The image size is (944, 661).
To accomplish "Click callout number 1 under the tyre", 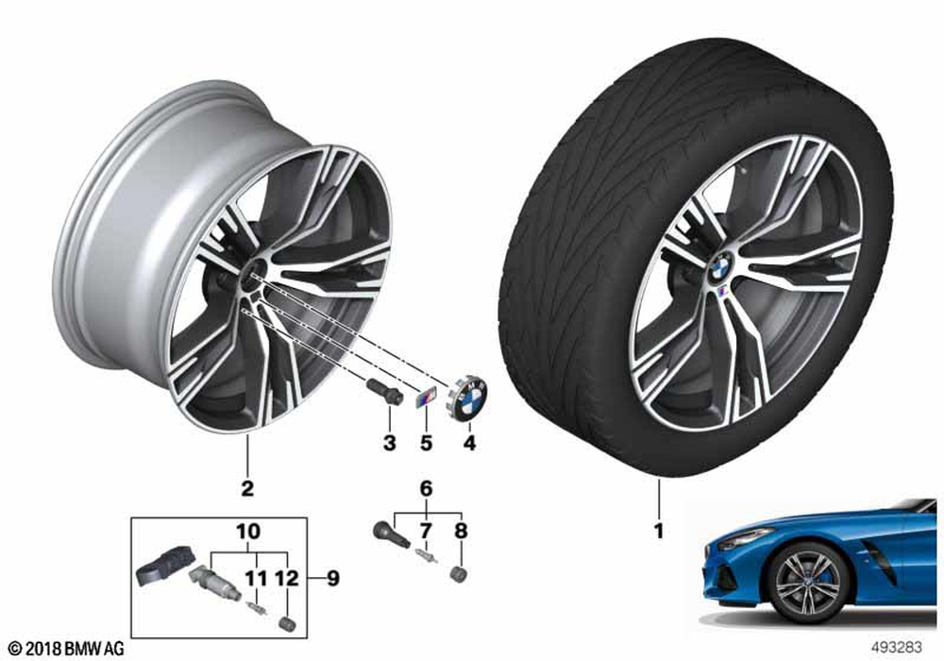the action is point(659,531).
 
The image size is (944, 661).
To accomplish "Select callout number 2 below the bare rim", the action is point(247,488).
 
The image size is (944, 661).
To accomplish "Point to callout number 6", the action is point(427,488).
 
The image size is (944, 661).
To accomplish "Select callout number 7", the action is point(427,531).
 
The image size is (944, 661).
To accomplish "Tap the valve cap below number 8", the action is point(460,574).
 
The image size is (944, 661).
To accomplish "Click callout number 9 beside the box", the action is point(332,579).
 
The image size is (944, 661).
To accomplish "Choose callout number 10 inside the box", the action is point(248,531).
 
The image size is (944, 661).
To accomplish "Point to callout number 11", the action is point(256,579).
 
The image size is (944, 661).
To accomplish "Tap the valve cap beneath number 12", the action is point(288,623).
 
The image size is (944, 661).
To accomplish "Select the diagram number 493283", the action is point(897,647).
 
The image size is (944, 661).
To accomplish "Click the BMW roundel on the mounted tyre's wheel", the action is point(720,266).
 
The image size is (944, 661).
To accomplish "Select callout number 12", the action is point(287,579).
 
